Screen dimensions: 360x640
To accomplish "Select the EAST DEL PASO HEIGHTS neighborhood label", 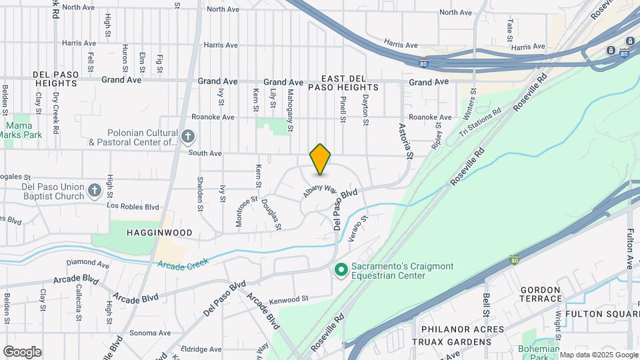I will pyautogui.click(x=343, y=87).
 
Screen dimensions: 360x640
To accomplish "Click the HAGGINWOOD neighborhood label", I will pyautogui.click(x=161, y=233).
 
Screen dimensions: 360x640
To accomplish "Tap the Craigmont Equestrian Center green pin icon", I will pyautogui.click(x=341, y=270).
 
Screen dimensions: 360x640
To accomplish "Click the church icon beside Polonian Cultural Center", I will pyautogui.click(x=188, y=137).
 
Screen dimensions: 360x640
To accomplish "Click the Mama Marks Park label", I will pyautogui.click(x=23, y=130).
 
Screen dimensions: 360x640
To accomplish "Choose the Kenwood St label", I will pyautogui.click(x=288, y=299).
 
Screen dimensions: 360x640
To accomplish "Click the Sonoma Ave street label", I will pyautogui.click(x=150, y=333).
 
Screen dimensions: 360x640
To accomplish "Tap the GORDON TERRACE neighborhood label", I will pyautogui.click(x=540, y=294).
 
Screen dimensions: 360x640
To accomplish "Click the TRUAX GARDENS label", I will pyautogui.click(x=455, y=342).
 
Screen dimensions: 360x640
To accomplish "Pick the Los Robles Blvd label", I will pyautogui.click(x=133, y=206).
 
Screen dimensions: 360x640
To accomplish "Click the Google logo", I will pyautogui.click(x=22, y=352).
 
